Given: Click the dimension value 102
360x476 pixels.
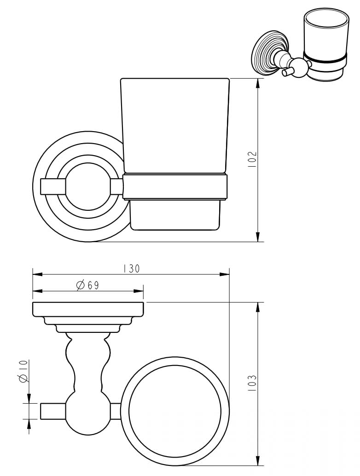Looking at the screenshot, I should coord(252,159).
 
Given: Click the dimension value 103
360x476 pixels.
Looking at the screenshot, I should coord(251,383).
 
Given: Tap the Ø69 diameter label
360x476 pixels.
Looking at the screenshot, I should coord(88,285).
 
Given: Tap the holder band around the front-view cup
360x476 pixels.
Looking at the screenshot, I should coord(176,186).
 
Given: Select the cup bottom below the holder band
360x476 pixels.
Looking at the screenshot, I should coord(176,215).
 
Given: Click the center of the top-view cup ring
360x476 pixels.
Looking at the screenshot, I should coord(175,411).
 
